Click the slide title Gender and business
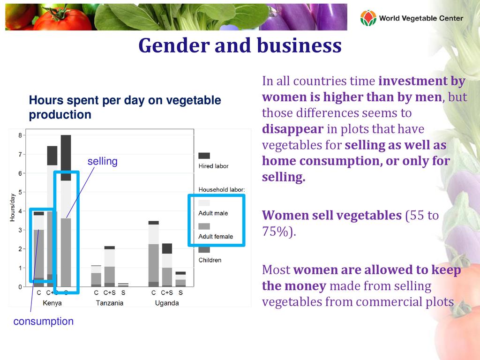tap(240, 46)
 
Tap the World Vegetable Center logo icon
tap(368, 18)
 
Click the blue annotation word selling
tap(102, 162)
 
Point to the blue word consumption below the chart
tap(44, 322)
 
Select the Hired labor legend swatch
tap(204, 156)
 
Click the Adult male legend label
tap(213, 213)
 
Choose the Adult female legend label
tap(216, 237)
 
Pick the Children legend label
tap(210, 260)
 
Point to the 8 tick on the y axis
tap(20, 135)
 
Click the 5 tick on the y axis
tap(20, 192)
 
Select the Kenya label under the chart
tap(52, 303)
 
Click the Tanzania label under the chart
tap(110, 303)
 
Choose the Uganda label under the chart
tap(167, 303)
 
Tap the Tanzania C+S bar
tap(110, 267)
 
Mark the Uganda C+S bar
tap(167, 265)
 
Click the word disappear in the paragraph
tap(292, 129)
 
